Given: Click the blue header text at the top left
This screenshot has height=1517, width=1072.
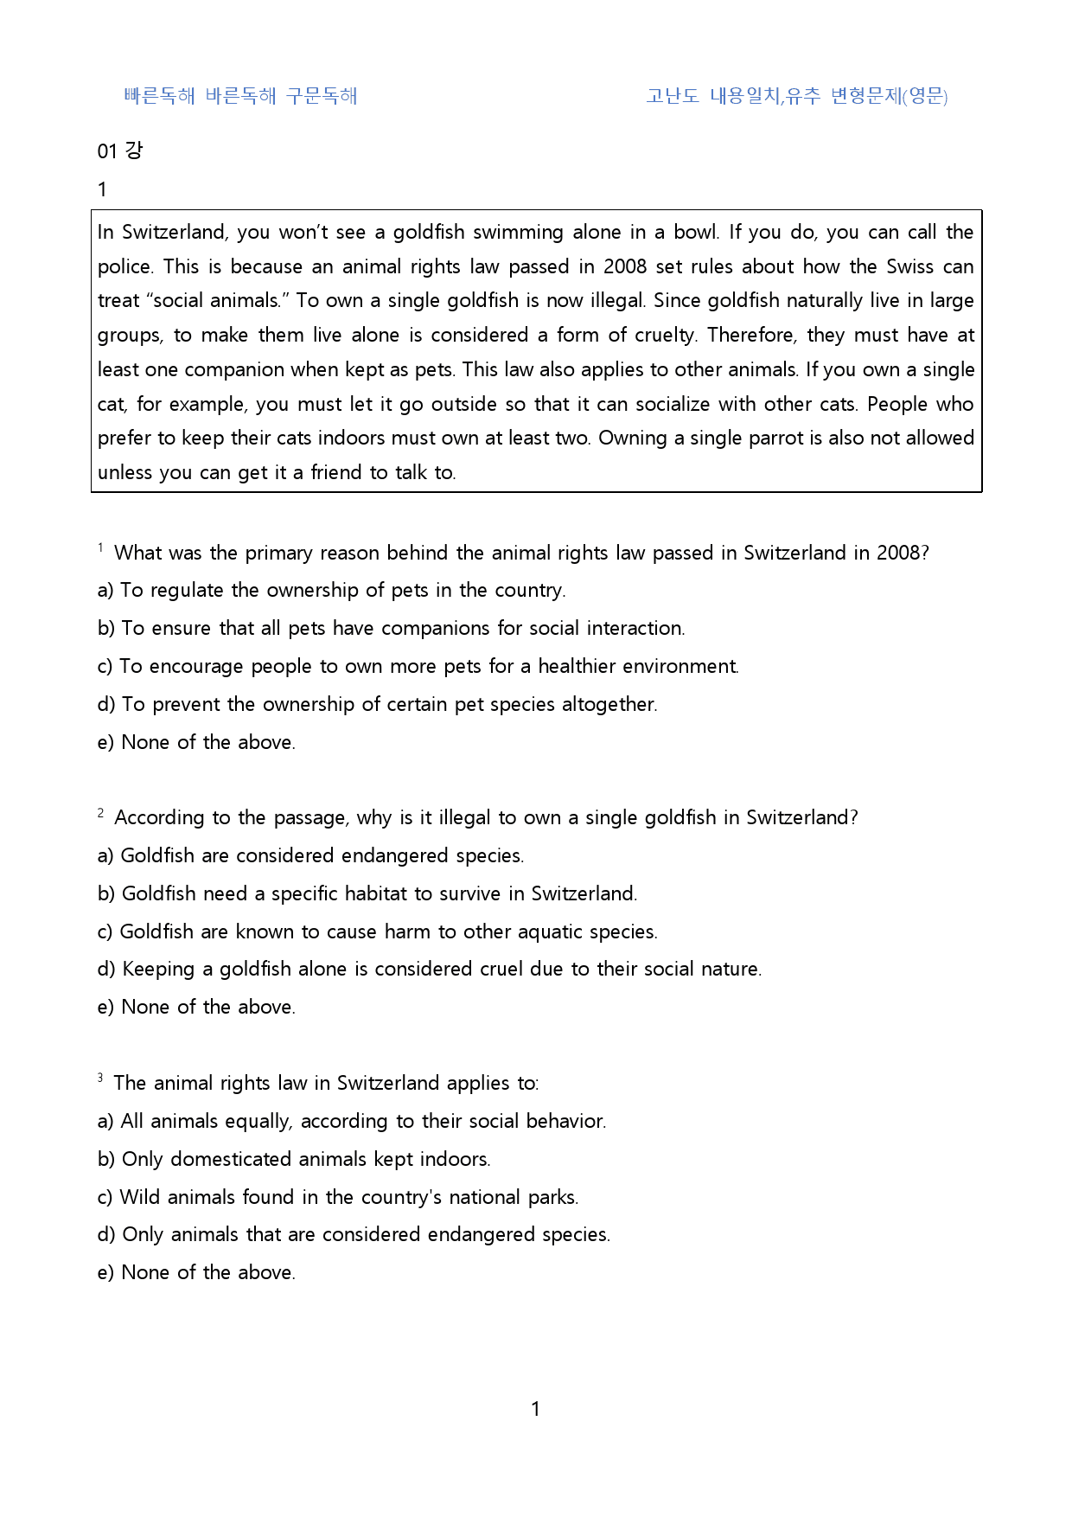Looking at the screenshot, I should click(240, 96).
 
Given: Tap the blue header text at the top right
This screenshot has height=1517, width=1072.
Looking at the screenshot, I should click(796, 96).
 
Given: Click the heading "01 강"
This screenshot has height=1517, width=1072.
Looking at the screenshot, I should click(120, 150).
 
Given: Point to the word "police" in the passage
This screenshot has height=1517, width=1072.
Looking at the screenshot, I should click(124, 266).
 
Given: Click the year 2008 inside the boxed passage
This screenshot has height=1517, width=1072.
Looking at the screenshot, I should click(625, 266).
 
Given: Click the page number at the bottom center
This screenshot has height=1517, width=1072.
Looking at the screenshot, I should click(535, 1409).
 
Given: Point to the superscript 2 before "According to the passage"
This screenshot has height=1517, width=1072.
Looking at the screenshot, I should click(101, 813).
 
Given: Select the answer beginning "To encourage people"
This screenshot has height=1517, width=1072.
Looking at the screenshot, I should click(418, 666).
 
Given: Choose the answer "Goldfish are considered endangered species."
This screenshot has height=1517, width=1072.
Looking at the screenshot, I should click(311, 855).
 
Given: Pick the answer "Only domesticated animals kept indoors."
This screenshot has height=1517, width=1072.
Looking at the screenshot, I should click(295, 1159).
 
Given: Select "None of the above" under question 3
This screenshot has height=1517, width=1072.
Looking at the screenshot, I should click(197, 1272).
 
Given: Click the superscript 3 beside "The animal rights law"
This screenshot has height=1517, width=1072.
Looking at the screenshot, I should click(100, 1078).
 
